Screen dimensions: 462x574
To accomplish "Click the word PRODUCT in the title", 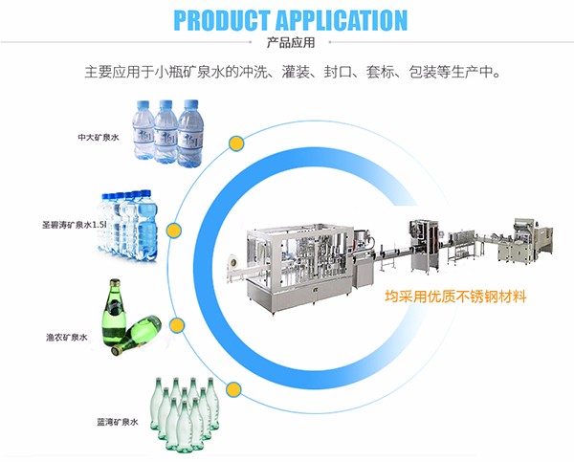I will tap(225, 20).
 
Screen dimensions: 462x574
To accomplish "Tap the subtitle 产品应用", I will tap(287, 44).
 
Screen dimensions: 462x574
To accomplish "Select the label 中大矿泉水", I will tap(99, 137).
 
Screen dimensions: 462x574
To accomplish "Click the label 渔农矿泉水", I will tap(68, 337).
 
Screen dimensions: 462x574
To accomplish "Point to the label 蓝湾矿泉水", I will tap(117, 421).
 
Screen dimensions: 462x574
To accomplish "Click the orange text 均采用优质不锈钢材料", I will tap(454, 297).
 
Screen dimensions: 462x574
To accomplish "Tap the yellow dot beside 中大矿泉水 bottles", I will tap(235, 143).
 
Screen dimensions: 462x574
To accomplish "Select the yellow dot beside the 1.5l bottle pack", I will tap(173, 231).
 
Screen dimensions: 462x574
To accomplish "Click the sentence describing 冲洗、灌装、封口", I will tap(287, 72).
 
